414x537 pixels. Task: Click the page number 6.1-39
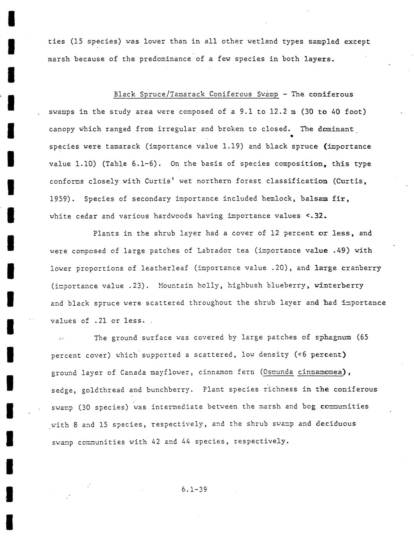tap(194, 489)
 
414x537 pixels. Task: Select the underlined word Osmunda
tap(278, 372)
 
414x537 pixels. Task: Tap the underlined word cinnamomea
tap(322, 372)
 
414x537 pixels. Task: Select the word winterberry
tap(339, 285)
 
